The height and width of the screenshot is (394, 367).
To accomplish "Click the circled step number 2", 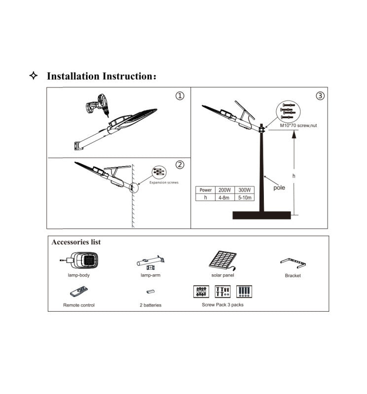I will pos(180,164).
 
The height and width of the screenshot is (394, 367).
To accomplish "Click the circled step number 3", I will pos(321,96).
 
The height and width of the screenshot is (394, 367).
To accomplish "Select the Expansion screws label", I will pos(164,182).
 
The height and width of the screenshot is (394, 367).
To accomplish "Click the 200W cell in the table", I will pos(225,190).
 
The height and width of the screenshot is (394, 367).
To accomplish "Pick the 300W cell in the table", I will pos(245,190).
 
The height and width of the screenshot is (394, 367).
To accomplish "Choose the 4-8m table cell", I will pos(225,197).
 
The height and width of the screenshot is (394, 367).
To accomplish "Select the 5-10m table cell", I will pos(245,197).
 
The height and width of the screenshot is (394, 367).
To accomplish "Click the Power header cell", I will pos(206,190).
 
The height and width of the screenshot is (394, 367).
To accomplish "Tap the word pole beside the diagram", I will pos(279,188).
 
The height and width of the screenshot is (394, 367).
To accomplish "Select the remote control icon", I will pos(79,293).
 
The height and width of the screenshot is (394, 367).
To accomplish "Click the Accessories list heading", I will pos(76,242).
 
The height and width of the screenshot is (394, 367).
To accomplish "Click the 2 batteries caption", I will pos(150,305).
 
